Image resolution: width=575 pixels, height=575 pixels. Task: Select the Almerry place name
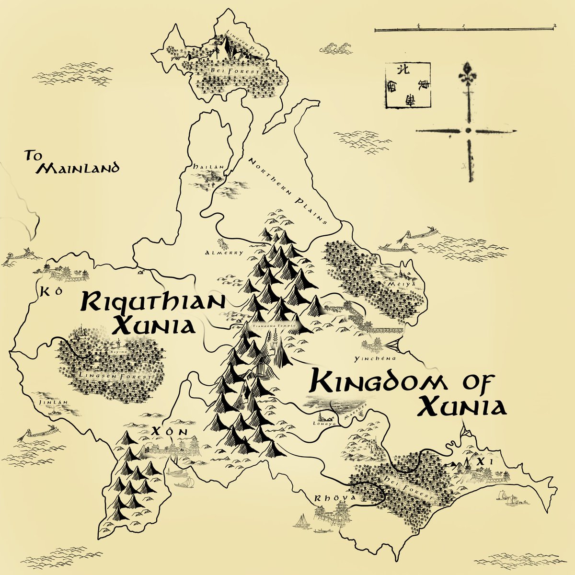[224, 253]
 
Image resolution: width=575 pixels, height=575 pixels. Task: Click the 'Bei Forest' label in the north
[229, 71]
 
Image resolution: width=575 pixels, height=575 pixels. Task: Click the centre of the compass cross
[468, 130]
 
